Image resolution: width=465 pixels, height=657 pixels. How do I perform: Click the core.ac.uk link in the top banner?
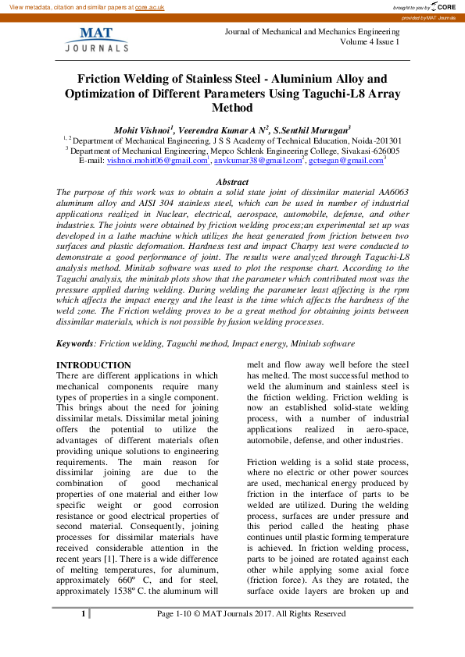[x=149, y=6]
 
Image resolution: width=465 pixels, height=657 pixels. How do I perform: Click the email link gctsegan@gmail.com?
[x=345, y=160]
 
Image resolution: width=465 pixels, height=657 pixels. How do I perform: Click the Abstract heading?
[x=232, y=181]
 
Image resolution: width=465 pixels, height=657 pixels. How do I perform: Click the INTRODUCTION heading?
[x=94, y=365]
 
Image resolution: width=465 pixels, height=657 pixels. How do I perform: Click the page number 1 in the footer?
[x=83, y=614]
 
